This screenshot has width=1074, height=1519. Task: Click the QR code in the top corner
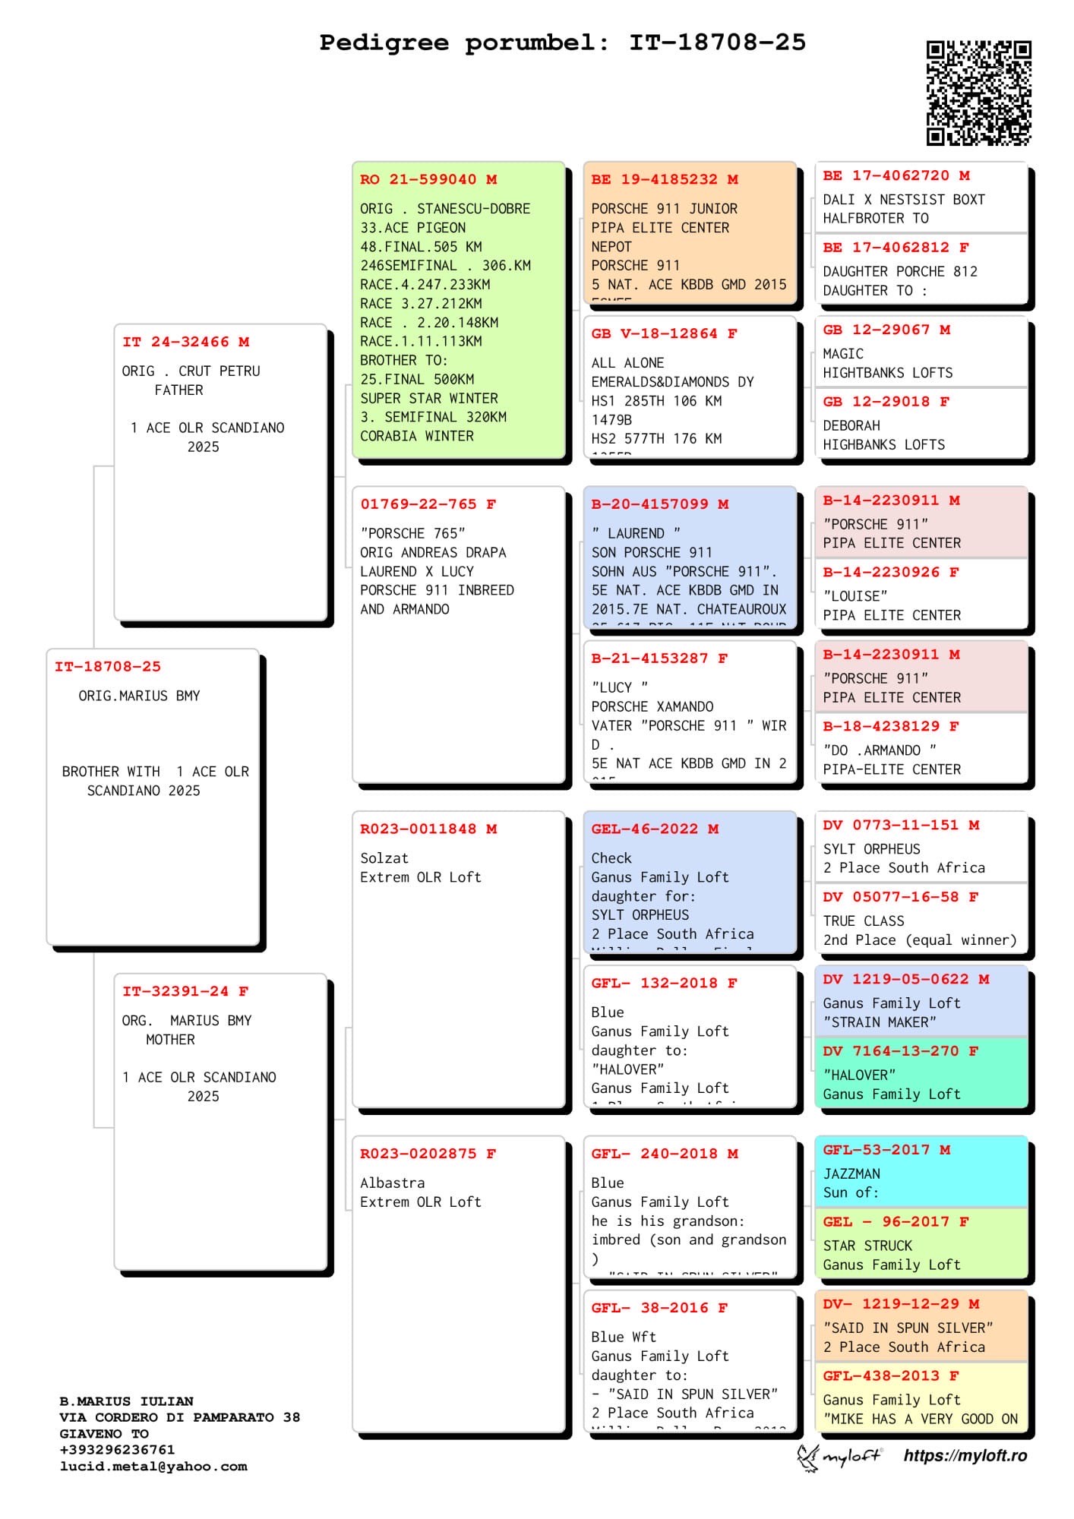click(978, 93)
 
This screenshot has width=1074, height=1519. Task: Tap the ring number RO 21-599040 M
click(428, 180)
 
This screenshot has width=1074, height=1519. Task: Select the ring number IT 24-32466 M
click(185, 343)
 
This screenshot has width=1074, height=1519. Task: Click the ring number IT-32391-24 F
click(185, 991)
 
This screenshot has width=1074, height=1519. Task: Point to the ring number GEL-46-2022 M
click(655, 829)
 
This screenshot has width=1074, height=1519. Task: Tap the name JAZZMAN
click(851, 1173)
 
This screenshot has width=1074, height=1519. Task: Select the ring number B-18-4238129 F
click(891, 726)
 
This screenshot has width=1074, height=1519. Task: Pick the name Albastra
click(392, 1183)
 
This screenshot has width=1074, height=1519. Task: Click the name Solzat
click(384, 858)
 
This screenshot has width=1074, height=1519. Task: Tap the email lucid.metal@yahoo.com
click(153, 1467)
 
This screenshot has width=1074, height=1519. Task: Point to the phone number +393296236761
click(117, 1450)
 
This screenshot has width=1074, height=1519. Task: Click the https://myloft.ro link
click(965, 1455)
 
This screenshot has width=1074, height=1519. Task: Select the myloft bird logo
click(807, 1456)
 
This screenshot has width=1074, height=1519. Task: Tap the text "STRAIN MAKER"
click(880, 1022)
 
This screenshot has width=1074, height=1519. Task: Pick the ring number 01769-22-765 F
click(428, 504)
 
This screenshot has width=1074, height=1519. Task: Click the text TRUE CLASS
click(864, 921)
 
